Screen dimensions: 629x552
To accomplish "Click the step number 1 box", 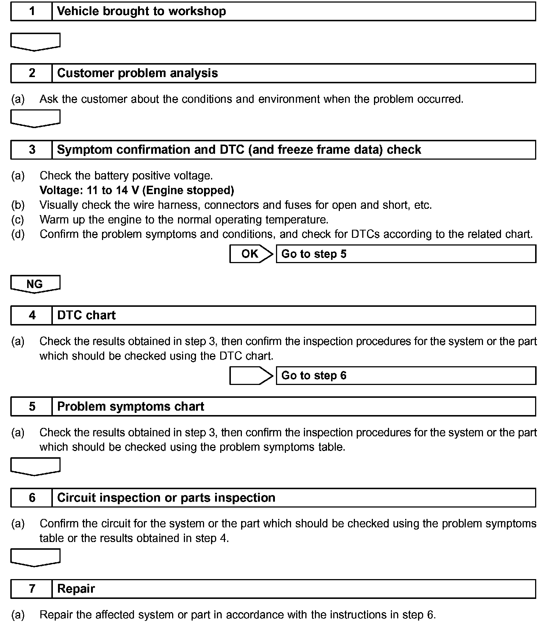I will pyautogui.click(x=32, y=11).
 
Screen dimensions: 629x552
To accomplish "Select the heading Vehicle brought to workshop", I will pyautogui.click(x=141, y=11).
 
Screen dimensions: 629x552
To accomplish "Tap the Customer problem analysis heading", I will pyautogui.click(x=137, y=73).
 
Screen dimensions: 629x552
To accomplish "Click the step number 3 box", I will pyautogui.click(x=32, y=150).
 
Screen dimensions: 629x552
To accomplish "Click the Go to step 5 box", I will pyautogui.click(x=406, y=254).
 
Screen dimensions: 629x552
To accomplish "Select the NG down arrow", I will pyautogui.click(x=35, y=284).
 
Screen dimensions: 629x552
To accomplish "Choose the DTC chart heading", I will pyautogui.click(x=86, y=315).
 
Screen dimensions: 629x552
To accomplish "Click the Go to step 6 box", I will pyautogui.click(x=406, y=375).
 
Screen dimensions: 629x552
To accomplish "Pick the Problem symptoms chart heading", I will pyautogui.click(x=130, y=407).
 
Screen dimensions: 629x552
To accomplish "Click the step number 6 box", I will pyautogui.click(x=32, y=498).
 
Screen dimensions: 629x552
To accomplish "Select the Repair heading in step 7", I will pyautogui.click(x=76, y=589).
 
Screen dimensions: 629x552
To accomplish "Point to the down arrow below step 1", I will pyautogui.click(x=35, y=41).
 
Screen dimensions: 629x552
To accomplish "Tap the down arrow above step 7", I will pyautogui.click(x=35, y=557).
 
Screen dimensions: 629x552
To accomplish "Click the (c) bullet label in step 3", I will pyautogui.click(x=18, y=220).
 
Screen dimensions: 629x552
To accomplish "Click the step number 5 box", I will pyautogui.click(x=32, y=407).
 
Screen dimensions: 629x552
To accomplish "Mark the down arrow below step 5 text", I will pyautogui.click(x=35, y=466).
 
